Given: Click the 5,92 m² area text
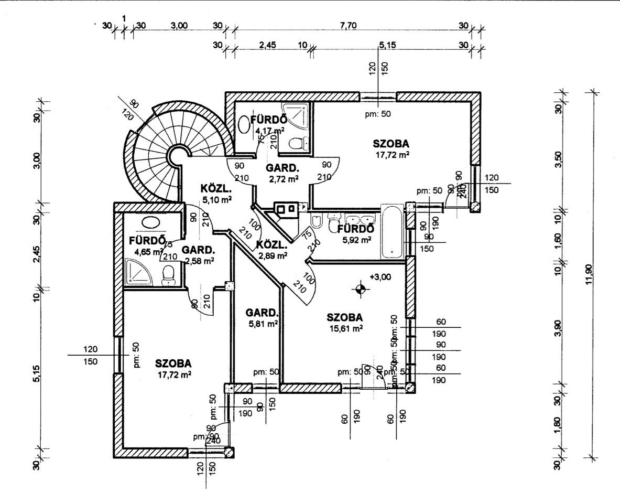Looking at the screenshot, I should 357,240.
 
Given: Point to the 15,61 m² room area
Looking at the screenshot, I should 345,328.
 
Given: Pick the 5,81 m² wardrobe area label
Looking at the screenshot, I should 263,324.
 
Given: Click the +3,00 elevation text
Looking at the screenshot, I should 380,276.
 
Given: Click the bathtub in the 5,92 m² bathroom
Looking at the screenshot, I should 392,232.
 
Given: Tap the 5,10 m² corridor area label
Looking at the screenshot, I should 216,199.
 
